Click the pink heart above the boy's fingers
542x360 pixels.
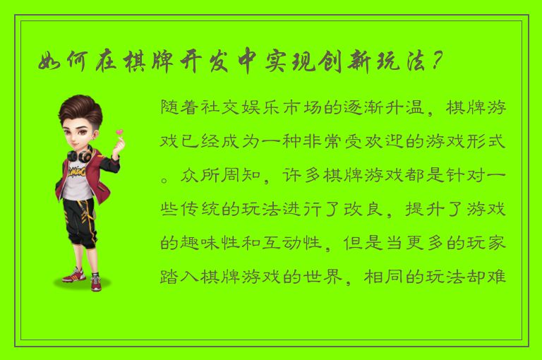coord(119,132)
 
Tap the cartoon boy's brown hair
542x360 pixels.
coord(79,109)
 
